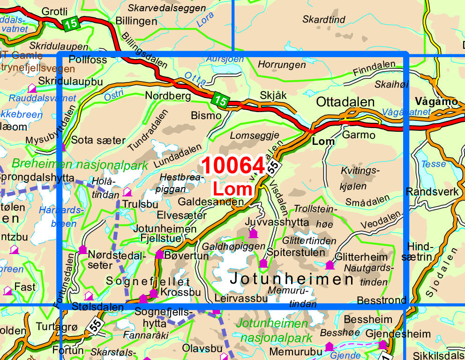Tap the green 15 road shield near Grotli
pos(70,24)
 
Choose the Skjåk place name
pos(273,95)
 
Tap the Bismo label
pos(206,115)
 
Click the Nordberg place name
pos(168,96)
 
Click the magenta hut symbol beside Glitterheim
pos(330,265)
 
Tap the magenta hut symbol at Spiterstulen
pos(263,263)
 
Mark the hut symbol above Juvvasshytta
pos(253,233)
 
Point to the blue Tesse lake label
pos(434,164)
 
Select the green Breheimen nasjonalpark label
pos(80,165)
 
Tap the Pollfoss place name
pos(88,60)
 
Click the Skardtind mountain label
pos(324,20)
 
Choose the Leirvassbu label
pos(240,298)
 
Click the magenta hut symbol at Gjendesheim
pos(383,345)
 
